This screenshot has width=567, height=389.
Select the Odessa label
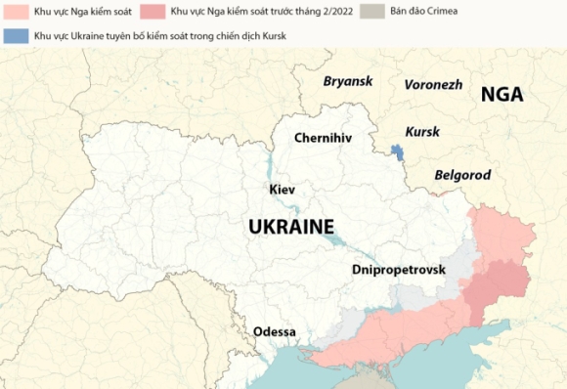pos(275,331)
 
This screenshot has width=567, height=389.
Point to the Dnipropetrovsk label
pos(398,269)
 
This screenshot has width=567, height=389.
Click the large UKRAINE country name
pos(290,227)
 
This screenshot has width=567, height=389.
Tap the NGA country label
pos(502,95)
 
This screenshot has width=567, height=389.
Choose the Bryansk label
pos(348,80)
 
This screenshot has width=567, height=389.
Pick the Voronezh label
pos(433,84)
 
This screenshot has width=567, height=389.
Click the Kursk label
pos(422,131)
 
